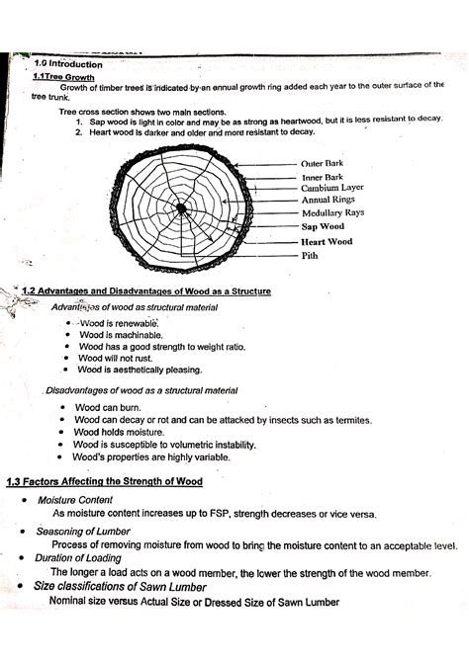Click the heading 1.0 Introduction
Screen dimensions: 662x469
pyautogui.click(x=62, y=63)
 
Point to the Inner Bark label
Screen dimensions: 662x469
pyautogui.click(x=324, y=177)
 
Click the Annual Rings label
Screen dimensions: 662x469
pyautogui.click(x=328, y=200)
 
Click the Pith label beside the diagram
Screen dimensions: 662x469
pyautogui.click(x=310, y=254)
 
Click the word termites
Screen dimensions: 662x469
pyautogui.click(x=349, y=420)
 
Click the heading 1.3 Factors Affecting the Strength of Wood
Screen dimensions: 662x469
pyautogui.click(x=104, y=482)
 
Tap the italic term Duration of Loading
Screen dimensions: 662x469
pyautogui.click(x=76, y=558)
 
